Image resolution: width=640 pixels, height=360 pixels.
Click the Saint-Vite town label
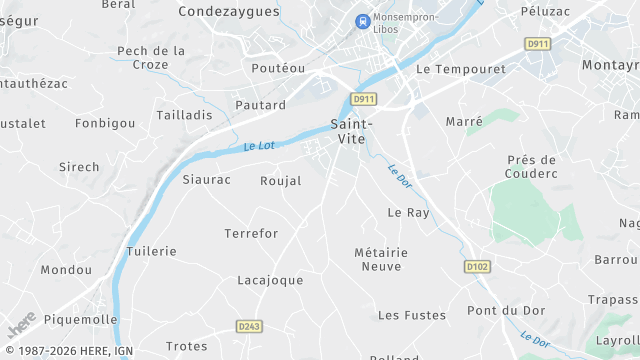(x=350, y=131)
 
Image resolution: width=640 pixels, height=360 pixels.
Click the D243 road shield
(x=249, y=326)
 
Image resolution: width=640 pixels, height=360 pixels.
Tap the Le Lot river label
(x=259, y=146)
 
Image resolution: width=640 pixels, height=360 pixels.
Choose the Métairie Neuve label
(x=380, y=259)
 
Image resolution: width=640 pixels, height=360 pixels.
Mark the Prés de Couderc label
(x=531, y=167)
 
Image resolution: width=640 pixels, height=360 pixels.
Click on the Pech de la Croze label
(x=151, y=57)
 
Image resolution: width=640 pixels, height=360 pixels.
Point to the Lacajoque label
(x=270, y=280)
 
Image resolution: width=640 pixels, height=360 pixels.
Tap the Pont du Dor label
(x=499, y=310)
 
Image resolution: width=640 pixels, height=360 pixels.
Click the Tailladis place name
(x=185, y=115)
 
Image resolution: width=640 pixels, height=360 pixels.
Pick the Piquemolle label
(x=79, y=320)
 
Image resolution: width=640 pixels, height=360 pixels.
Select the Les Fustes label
(x=412, y=315)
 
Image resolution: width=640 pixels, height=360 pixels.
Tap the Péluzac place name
(x=545, y=11)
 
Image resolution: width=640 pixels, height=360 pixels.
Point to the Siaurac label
(x=207, y=180)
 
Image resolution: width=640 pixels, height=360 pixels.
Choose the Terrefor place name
(x=251, y=233)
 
